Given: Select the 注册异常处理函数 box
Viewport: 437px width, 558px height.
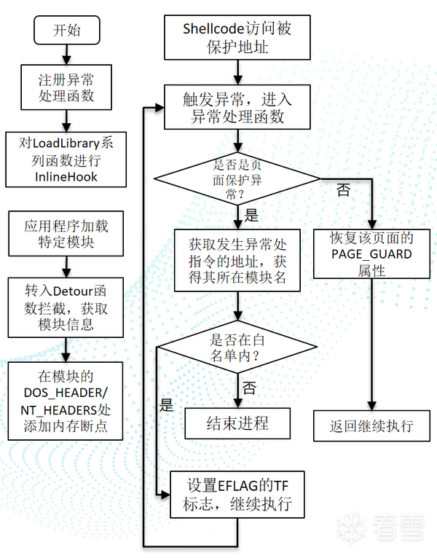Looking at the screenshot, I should (66, 86).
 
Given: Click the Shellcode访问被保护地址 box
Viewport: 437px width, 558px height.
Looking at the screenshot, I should (238, 39).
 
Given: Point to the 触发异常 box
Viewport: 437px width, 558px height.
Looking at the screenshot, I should (238, 107).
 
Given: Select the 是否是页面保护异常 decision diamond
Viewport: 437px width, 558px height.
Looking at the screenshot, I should (237, 179).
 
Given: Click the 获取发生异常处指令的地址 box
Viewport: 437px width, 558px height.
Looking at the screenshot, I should (237, 260).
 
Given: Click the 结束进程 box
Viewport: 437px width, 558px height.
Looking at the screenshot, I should (237, 423).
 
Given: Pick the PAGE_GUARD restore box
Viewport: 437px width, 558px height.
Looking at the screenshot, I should (372, 254).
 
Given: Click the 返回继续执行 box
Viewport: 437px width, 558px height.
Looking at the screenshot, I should (372, 425).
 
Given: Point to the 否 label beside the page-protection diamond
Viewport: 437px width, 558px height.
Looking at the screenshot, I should (342, 191).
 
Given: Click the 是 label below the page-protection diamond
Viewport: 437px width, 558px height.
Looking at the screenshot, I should (252, 215).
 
